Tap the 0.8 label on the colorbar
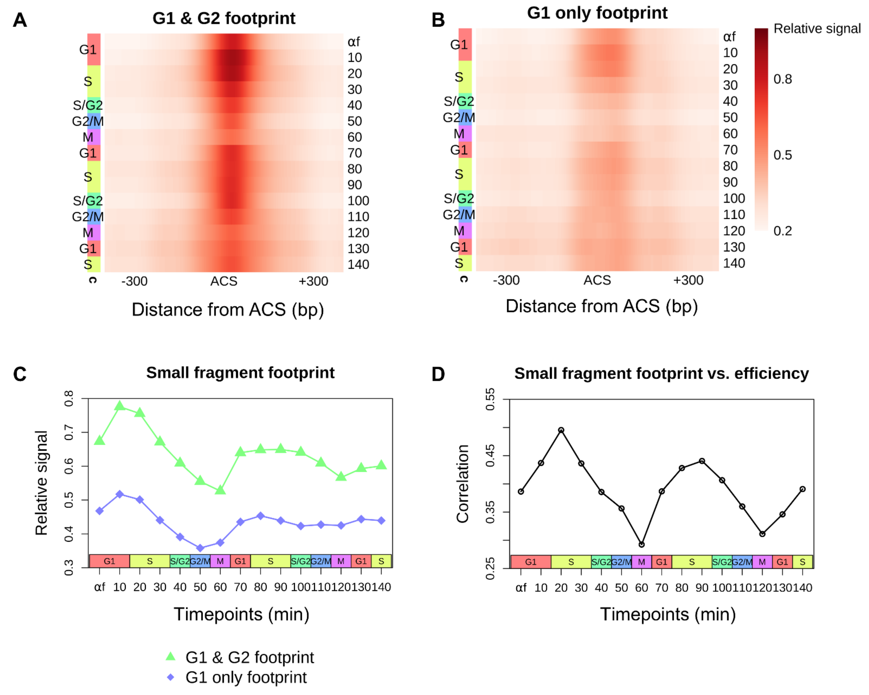[x=782, y=79]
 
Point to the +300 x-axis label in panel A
[x=313, y=281]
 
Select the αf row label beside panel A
[x=353, y=41]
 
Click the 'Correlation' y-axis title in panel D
[x=463, y=484]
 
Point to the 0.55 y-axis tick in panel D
[x=490, y=399]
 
